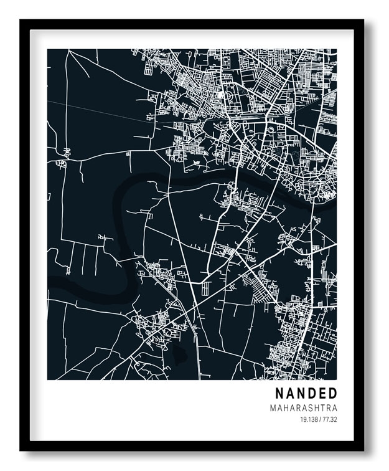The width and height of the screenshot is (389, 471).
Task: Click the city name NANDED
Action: pos(306,393)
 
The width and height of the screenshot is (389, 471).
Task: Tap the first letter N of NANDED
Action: pos(279,393)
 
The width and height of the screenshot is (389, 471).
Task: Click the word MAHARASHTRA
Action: pos(304,408)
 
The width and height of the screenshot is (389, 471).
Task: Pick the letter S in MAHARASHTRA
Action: pos(309,408)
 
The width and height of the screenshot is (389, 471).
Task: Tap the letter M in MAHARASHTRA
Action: pos(273,408)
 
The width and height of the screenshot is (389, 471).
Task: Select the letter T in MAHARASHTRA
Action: pos(322,408)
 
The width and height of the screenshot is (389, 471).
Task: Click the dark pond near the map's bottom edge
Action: pos(179,355)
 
